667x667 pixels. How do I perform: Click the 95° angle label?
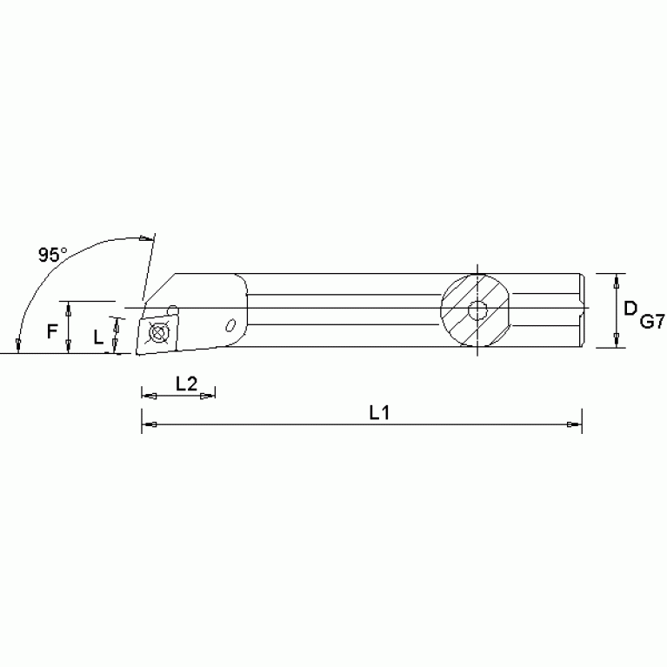click(x=52, y=255)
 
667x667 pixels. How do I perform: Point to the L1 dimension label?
click(x=378, y=413)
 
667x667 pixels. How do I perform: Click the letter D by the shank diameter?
click(x=630, y=307)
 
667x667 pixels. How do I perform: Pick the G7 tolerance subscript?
click(x=652, y=323)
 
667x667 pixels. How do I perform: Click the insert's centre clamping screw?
click(x=157, y=332)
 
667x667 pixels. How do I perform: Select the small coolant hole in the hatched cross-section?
click(x=477, y=310)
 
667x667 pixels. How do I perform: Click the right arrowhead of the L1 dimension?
click(x=574, y=424)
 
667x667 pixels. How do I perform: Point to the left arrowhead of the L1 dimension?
click(x=149, y=424)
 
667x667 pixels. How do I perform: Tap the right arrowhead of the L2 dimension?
click(x=208, y=397)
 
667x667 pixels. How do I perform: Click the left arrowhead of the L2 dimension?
click(x=149, y=397)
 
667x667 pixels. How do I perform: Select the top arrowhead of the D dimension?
click(x=617, y=282)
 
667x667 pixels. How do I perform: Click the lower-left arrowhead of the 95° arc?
click(x=19, y=346)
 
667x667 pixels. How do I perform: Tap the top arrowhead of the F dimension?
click(x=68, y=308)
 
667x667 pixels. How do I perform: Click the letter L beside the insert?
click(x=97, y=336)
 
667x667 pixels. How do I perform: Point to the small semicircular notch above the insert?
click(x=172, y=308)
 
